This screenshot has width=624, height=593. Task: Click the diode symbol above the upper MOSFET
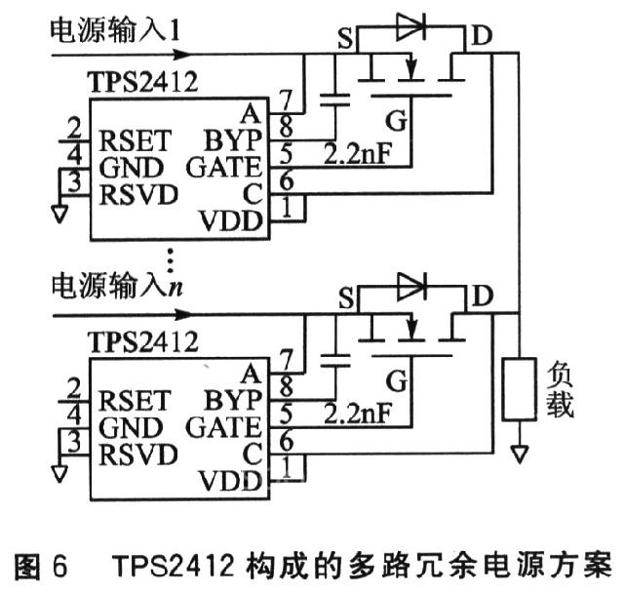pyautogui.click(x=411, y=26)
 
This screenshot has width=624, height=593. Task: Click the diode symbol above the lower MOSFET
pyautogui.click(x=412, y=287)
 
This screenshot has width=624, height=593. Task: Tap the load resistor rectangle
pyautogui.click(x=519, y=389)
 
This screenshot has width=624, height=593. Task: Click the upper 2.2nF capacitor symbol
pyautogui.click(x=335, y=99)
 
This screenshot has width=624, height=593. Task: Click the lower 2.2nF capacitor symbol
pyautogui.click(x=335, y=360)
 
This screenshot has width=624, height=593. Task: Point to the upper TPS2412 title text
pyautogui.click(x=143, y=82)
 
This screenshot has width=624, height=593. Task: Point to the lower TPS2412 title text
pyautogui.click(x=143, y=341)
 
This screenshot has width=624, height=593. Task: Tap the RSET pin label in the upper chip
pyautogui.click(x=136, y=140)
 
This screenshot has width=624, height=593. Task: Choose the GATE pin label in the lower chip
pyautogui.click(x=224, y=426)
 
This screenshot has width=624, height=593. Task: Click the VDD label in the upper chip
pyautogui.click(x=231, y=220)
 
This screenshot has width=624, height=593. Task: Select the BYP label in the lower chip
pyautogui.click(x=234, y=400)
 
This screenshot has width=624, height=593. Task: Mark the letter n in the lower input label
pyautogui.click(x=175, y=288)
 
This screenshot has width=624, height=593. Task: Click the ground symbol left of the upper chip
pyautogui.click(x=59, y=214)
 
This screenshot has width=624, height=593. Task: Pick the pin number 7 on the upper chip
pyautogui.click(x=286, y=100)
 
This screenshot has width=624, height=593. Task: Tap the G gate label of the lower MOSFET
pyautogui.click(x=397, y=380)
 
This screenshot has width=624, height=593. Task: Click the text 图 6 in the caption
pyautogui.click(x=41, y=566)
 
